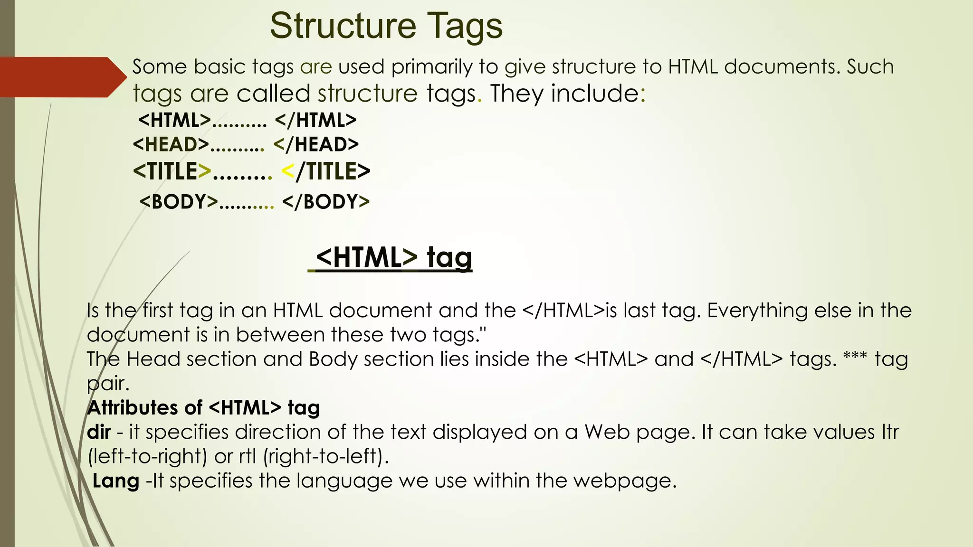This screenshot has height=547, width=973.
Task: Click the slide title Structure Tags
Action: pos(386,26)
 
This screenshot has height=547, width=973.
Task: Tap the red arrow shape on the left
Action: pos(62,77)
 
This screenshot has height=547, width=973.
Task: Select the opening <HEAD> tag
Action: pos(171,144)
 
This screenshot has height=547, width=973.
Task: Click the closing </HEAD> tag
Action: pos(316,144)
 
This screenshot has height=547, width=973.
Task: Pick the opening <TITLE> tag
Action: pos(172,171)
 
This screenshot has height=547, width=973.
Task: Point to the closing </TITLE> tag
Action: pos(326,171)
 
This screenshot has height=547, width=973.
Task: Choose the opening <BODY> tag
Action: pos(179,202)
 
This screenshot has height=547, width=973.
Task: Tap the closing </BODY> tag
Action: pos(326,202)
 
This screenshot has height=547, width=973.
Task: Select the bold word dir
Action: pos(99,432)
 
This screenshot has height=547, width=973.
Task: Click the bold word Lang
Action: pos(115,481)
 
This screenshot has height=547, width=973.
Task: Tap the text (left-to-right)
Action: pos(147,457)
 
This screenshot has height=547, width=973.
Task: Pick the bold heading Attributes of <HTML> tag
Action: pos(203,408)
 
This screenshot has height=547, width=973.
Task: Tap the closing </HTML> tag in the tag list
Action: pos(315,120)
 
